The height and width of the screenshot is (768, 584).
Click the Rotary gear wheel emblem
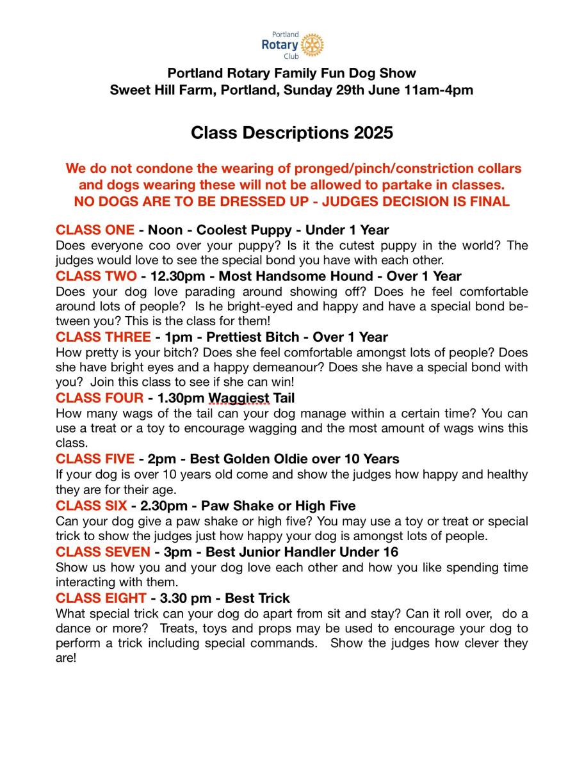[312, 45]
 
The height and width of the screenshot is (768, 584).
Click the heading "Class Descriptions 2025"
[291, 133]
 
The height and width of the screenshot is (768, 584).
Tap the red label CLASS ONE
[95, 230]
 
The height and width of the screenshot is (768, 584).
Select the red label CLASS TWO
[96, 276]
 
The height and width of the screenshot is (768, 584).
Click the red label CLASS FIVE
[95, 459]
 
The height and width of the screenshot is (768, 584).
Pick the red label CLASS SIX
[91, 506]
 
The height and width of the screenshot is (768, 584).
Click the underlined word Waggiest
[239, 398]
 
